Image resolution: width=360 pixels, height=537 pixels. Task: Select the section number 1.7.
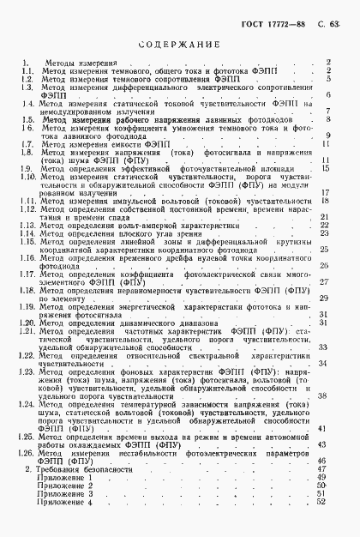coord(27,145)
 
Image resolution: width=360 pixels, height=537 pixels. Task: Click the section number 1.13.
coord(28,226)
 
